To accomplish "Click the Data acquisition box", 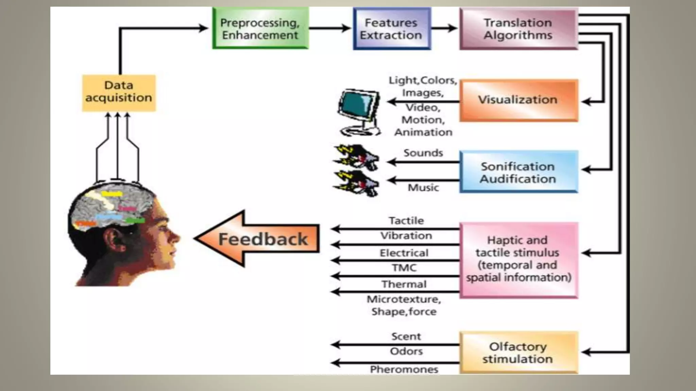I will click(x=119, y=93).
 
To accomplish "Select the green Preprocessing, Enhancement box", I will click(x=260, y=29).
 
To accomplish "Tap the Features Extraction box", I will click(x=391, y=29).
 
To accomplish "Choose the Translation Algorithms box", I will click(x=518, y=29).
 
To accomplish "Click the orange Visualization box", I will click(x=518, y=100).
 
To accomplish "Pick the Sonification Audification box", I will click(x=518, y=172).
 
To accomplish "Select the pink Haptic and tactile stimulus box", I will click(x=518, y=260).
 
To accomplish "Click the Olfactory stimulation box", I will click(x=518, y=353).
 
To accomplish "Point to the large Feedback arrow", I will click(x=258, y=239).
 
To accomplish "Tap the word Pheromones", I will click(x=404, y=369).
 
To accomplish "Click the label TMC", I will click(x=404, y=268).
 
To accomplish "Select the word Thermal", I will click(x=404, y=284).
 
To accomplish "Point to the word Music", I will click(x=423, y=187).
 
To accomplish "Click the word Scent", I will click(x=406, y=336).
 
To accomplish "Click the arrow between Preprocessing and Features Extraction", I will click(x=330, y=28).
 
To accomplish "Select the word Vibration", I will click(x=406, y=236).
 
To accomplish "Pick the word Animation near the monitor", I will click(x=423, y=132).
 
